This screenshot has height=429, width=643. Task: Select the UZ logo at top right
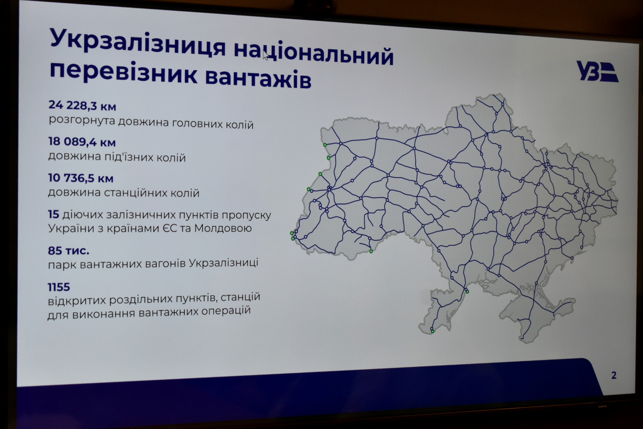[597, 71]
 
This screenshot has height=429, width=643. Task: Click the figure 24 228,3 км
[83, 106]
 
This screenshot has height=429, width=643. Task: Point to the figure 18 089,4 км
[82, 142]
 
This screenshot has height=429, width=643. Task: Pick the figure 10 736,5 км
[81, 178]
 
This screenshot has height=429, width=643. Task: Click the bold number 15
[54, 214]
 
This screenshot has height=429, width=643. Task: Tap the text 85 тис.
[69, 251]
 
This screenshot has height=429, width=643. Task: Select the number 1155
[59, 287]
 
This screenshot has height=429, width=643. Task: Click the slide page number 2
[614, 375]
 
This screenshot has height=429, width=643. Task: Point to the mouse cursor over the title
[266, 55]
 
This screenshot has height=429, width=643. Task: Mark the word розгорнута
[81, 120]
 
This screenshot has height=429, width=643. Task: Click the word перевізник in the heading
[124, 73]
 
